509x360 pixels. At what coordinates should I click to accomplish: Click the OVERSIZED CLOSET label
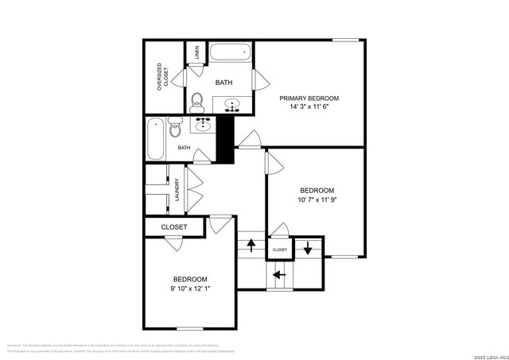point(162,78)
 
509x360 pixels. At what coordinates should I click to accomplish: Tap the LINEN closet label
point(196,53)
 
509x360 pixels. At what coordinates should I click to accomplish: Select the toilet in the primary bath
point(198,101)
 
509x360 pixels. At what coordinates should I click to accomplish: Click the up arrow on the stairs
point(251,245)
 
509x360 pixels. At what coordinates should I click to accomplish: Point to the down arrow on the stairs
point(309,247)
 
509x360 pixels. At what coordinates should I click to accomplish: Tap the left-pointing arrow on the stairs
point(279,275)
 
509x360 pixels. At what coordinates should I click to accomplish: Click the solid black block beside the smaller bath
point(226,137)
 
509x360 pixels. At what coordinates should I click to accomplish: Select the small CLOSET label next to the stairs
point(280,250)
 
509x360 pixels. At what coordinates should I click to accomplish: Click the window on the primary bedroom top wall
point(344,40)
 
